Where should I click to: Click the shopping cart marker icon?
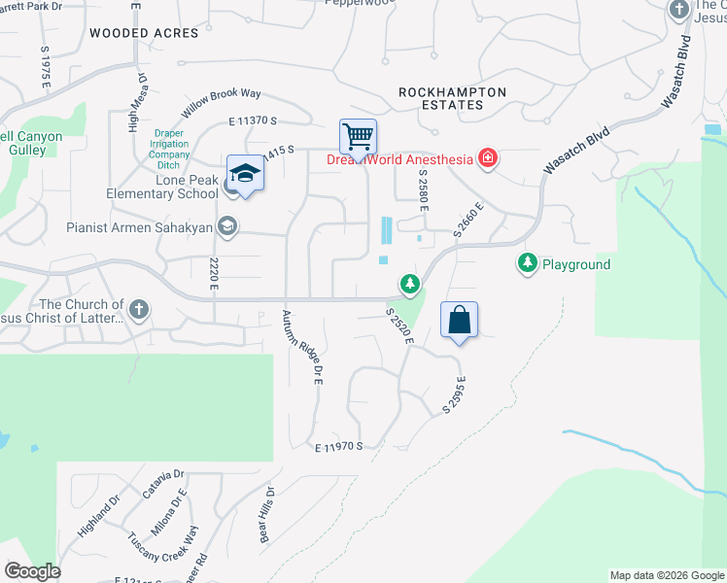(x=358, y=137)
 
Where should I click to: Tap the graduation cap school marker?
(x=246, y=174)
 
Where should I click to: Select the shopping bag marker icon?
(x=460, y=320)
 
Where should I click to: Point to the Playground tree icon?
(x=527, y=263)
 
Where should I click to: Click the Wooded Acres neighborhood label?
(x=144, y=33)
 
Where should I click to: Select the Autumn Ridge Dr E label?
(x=301, y=347)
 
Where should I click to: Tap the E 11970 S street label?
(x=338, y=447)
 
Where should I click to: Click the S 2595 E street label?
(x=455, y=395)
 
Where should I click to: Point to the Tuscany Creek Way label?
(x=162, y=549)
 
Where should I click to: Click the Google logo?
(x=32, y=571)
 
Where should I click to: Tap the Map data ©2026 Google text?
(x=666, y=575)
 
